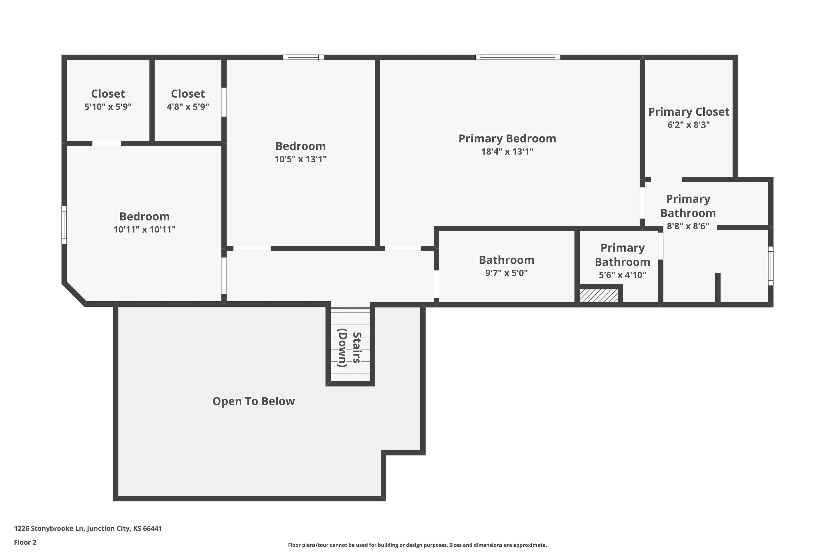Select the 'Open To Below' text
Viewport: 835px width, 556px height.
254,401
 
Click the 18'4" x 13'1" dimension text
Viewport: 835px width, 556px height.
507,152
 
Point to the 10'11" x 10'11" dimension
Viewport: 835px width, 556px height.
144,229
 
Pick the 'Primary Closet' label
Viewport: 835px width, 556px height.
689,112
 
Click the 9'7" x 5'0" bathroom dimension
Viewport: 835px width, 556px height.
507,273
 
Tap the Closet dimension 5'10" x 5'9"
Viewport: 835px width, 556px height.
108,106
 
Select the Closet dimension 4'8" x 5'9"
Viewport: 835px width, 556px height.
188,106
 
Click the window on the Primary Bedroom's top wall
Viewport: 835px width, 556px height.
518,57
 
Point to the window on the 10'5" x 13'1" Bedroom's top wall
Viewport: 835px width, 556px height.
303,57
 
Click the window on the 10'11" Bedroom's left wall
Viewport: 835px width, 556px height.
64,225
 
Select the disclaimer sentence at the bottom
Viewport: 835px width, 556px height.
417,545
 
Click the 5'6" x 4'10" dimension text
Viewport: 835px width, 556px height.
622,275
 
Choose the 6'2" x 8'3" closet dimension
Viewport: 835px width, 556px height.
689,125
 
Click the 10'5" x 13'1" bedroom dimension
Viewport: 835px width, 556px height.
300,159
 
